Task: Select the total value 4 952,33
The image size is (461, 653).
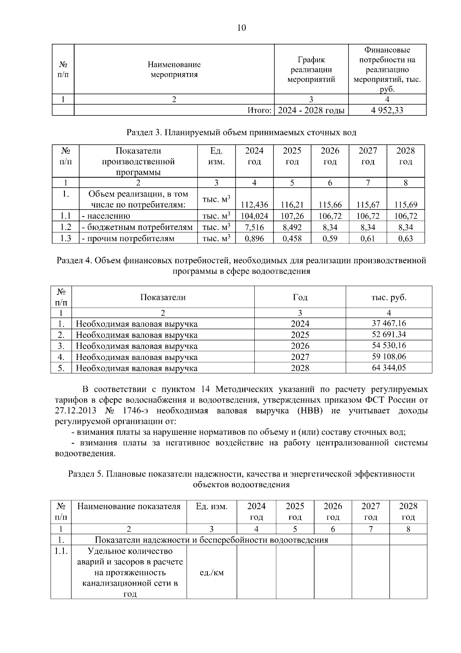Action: click(387, 110)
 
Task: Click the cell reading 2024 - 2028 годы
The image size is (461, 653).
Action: click(311, 110)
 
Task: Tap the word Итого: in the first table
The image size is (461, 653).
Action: click(259, 110)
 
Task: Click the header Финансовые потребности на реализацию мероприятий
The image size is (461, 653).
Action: click(387, 69)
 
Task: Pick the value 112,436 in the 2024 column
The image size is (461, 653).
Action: click(254, 205)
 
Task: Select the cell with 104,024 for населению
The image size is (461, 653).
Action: click(254, 216)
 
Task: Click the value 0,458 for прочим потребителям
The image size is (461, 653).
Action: click(292, 238)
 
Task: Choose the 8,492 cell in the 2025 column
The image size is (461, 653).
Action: click(292, 227)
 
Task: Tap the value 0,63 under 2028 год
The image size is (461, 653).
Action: click(406, 238)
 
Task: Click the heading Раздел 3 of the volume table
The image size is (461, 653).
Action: click(241, 133)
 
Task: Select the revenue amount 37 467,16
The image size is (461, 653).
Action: click(389, 323)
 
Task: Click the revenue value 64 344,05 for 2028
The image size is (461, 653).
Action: click(389, 368)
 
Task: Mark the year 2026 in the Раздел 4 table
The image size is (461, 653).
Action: click(300, 346)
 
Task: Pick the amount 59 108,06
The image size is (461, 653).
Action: click(389, 356)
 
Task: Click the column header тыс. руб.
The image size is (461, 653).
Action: click(389, 297)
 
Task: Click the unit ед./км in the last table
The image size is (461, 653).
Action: click(212, 573)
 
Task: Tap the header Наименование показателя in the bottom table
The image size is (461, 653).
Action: click(129, 506)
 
